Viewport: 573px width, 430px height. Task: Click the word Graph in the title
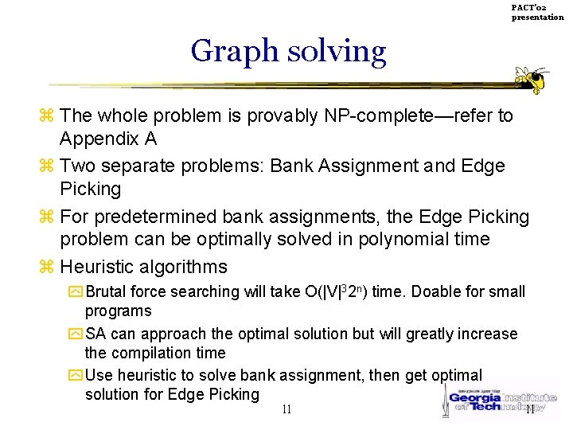click(234, 51)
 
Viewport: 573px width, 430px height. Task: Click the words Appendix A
click(108, 139)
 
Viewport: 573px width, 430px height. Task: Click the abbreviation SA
click(95, 334)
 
